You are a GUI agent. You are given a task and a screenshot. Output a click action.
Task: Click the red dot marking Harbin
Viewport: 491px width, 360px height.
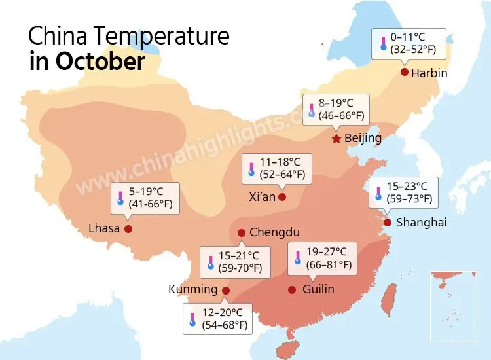(405, 72)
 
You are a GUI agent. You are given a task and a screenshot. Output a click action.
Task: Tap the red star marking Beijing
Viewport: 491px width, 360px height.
(336, 139)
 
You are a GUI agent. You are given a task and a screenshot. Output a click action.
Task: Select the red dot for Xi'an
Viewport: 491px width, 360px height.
(282, 196)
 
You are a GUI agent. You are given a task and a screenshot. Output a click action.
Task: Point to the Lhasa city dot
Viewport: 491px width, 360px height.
(128, 228)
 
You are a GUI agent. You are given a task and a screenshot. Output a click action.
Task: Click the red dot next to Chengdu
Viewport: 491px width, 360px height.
(242, 232)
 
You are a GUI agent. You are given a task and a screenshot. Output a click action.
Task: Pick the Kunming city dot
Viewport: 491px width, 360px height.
(226, 290)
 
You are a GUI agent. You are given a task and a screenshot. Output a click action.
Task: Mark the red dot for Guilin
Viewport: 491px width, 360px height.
(292, 289)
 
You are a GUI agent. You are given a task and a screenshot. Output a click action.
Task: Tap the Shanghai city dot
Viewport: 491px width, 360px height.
(388, 223)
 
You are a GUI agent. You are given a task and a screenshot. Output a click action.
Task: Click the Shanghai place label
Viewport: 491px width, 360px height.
(422, 223)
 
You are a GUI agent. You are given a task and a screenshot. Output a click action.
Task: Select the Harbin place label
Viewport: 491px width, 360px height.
(429, 73)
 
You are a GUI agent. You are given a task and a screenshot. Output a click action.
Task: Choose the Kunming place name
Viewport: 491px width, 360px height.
(193, 289)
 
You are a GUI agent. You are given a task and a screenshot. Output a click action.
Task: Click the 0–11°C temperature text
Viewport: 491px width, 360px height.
(408, 37)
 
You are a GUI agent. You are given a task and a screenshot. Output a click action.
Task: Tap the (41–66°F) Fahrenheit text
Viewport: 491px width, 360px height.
(151, 205)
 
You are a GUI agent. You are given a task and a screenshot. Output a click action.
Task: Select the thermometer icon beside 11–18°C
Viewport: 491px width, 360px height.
(251, 169)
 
